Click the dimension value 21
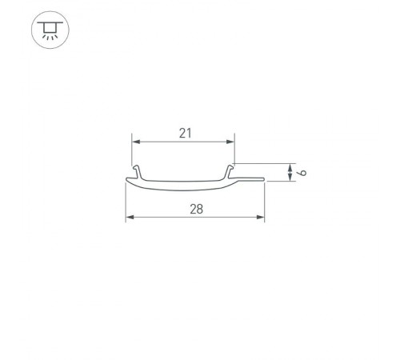[x=185, y=134]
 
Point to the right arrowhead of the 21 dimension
[x=231, y=141]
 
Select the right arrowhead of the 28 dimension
[x=261, y=218]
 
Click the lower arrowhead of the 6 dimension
[x=288, y=178]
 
